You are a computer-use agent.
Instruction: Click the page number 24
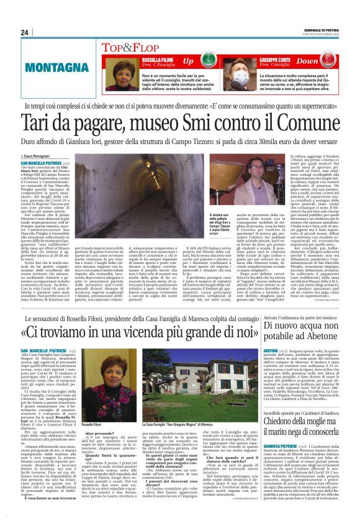point(25,32)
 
